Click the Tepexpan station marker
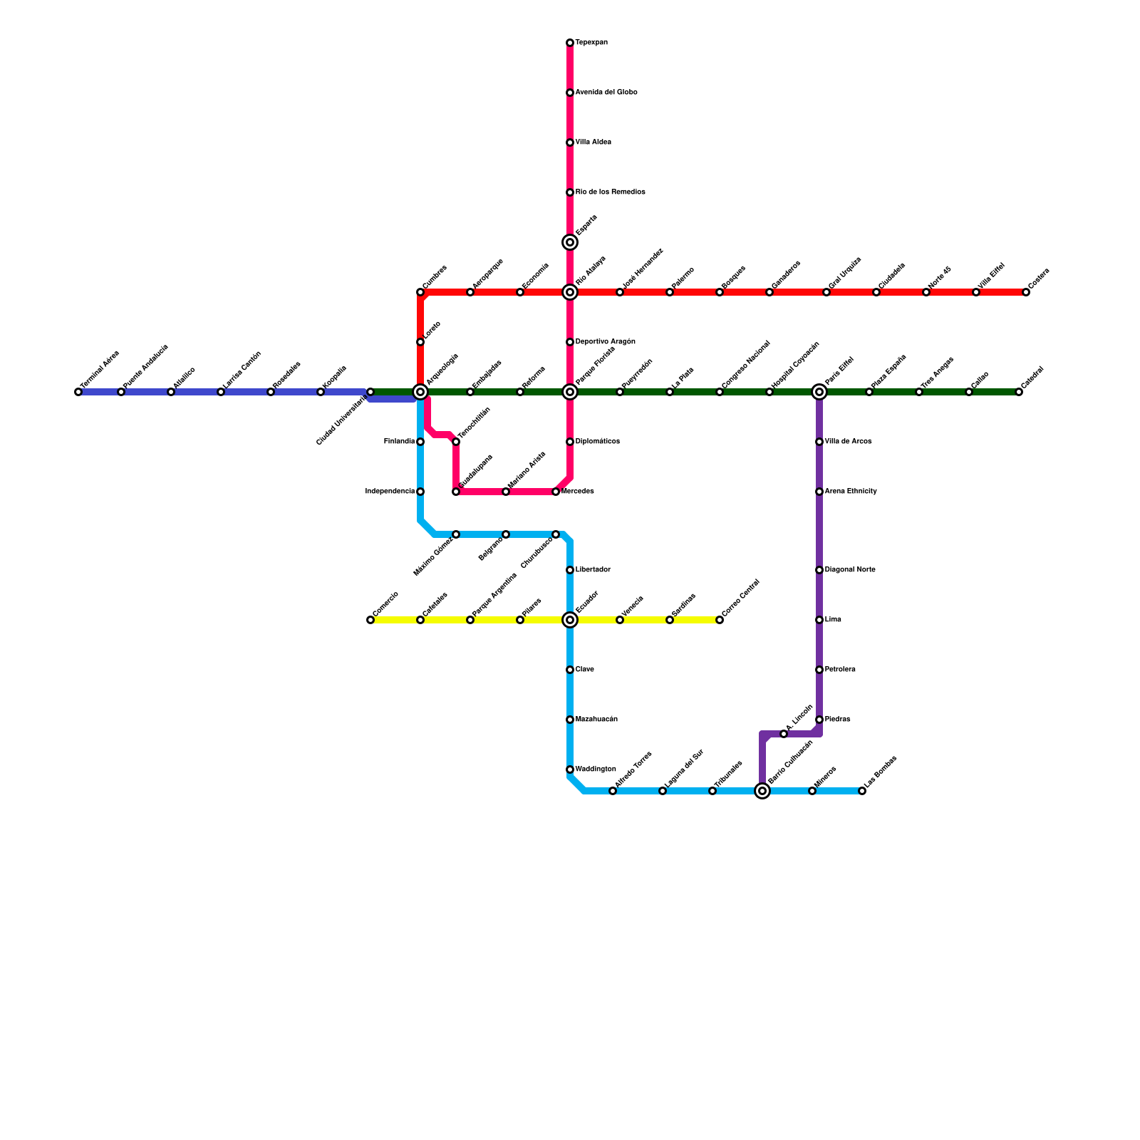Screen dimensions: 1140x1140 (570, 43)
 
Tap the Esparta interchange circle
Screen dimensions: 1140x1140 (570, 243)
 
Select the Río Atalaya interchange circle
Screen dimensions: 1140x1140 (570, 293)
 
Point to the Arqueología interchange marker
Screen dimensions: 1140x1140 (420, 393)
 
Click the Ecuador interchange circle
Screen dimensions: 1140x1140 (570, 621)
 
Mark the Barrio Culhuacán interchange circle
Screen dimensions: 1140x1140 (762, 792)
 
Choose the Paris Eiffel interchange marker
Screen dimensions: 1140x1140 (819, 393)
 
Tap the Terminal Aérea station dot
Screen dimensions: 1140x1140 (78, 393)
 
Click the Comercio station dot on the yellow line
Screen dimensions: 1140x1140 (370, 621)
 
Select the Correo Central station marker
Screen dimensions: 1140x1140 (720, 621)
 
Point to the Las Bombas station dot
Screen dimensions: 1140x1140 (862, 792)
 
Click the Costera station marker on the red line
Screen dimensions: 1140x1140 (1026, 293)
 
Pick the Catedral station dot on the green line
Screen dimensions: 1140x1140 (1019, 393)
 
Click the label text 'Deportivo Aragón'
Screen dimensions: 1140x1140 (605, 342)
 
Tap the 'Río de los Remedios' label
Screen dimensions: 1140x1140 (610, 192)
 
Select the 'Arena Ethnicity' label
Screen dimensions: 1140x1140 (851, 492)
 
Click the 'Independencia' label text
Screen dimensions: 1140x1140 (390, 492)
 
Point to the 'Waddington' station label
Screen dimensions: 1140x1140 (596, 769)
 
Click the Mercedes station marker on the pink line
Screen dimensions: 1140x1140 (556, 492)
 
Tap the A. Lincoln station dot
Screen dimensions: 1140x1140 (784, 735)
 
